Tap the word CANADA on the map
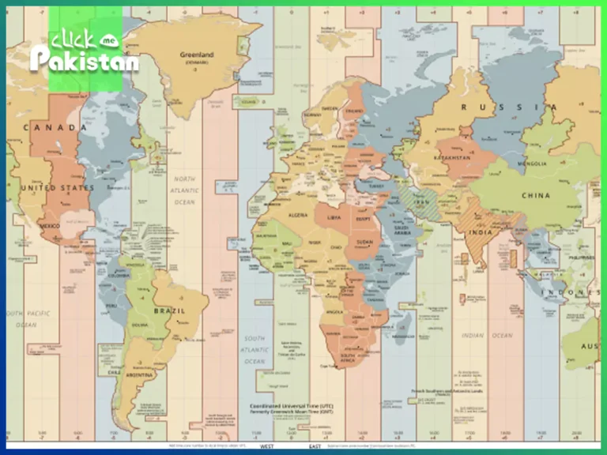(55, 127)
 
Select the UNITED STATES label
(57, 188)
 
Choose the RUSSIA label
(503, 107)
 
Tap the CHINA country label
(537, 195)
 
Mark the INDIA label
(479, 232)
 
